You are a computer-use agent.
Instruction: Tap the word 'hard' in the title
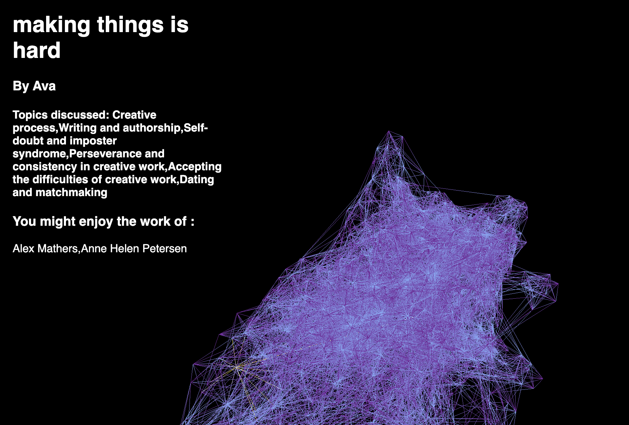tap(37, 50)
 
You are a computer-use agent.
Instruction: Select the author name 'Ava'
tap(44, 86)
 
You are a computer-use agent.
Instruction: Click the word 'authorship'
tap(152, 128)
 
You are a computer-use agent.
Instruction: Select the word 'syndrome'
tap(39, 154)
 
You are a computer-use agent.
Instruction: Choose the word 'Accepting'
tap(195, 167)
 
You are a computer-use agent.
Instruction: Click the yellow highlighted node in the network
tap(237, 367)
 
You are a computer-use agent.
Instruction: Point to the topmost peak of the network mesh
tap(388, 131)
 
